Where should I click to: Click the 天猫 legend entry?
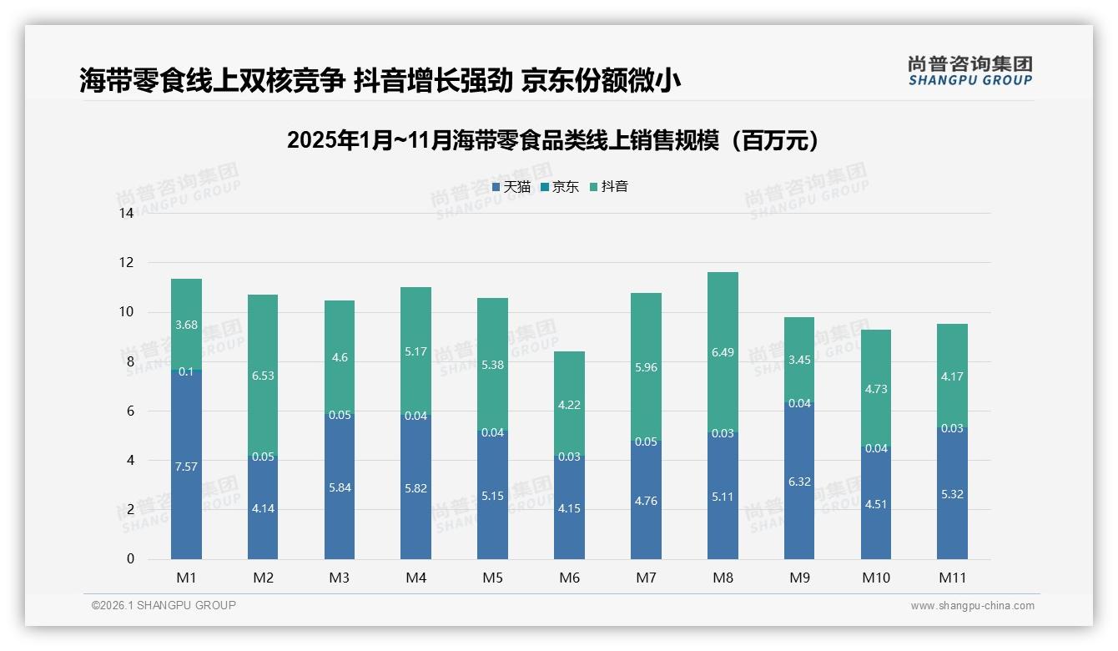click(511, 187)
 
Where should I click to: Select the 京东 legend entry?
click(559, 187)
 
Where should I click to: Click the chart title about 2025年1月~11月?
click(553, 140)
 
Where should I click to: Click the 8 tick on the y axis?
click(129, 361)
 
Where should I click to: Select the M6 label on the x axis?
click(569, 578)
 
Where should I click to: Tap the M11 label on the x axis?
click(952, 578)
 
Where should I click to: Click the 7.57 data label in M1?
click(186, 467)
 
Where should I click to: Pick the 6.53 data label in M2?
click(263, 376)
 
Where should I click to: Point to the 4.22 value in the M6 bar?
click(569, 405)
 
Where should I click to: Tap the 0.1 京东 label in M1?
click(186, 371)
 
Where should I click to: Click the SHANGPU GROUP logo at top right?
click(969, 71)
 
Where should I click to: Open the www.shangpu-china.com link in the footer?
click(972, 606)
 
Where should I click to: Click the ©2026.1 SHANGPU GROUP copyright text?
click(164, 605)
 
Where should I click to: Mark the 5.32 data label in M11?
click(952, 494)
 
